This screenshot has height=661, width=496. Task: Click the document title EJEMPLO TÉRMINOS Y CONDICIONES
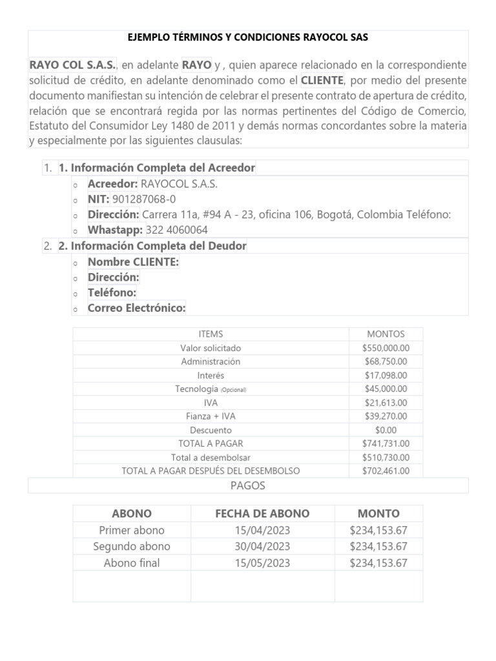(x=248, y=37)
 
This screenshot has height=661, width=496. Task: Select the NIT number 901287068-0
(x=143, y=199)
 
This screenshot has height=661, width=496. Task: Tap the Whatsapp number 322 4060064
(x=177, y=230)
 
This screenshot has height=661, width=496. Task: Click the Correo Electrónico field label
(x=136, y=308)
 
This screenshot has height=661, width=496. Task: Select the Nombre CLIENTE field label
(x=133, y=261)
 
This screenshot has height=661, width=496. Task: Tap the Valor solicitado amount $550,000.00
(x=386, y=348)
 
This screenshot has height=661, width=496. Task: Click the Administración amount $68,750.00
(x=386, y=361)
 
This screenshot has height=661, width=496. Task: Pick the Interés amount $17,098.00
(x=386, y=375)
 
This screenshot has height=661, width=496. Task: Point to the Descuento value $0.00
(x=386, y=430)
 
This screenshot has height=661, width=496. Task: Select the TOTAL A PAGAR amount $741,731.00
(x=386, y=443)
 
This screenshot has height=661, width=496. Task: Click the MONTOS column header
(x=386, y=334)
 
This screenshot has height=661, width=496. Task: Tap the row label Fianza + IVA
(x=211, y=416)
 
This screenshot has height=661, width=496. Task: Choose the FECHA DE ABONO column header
(x=262, y=514)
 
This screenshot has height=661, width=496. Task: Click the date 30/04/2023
(x=262, y=547)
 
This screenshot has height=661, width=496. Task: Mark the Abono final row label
(x=132, y=563)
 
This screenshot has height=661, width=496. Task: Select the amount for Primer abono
(x=378, y=531)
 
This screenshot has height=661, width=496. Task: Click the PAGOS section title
(x=248, y=485)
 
